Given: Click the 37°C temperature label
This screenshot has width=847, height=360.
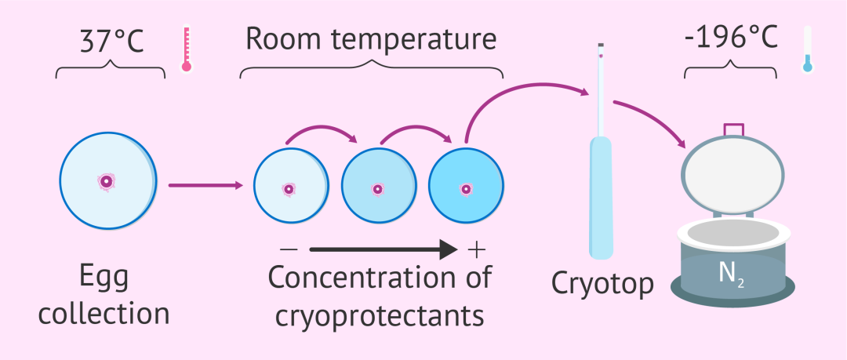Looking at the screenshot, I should click(x=111, y=41).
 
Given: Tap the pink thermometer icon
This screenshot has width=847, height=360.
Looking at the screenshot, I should click(x=186, y=49).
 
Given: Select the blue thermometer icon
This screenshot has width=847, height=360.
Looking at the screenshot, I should click(x=807, y=49).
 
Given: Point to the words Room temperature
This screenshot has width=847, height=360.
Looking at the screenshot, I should click(x=370, y=39).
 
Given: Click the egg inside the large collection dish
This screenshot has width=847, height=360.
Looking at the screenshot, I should click(x=107, y=182).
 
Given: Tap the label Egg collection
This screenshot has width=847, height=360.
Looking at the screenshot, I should click(x=104, y=296).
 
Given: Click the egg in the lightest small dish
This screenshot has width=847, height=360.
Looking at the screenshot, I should click(x=289, y=189).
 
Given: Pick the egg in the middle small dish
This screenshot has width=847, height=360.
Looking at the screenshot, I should click(x=378, y=189).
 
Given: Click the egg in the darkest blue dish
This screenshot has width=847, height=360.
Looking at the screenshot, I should click(x=467, y=189).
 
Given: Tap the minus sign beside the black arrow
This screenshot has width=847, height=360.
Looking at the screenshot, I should click(x=288, y=249).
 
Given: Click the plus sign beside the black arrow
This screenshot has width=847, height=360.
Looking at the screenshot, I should click(x=476, y=249).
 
